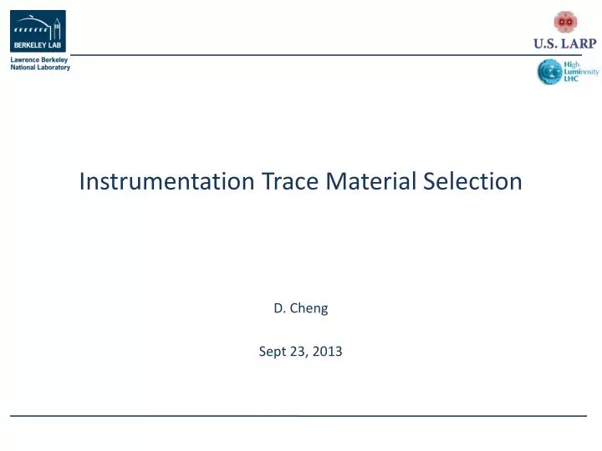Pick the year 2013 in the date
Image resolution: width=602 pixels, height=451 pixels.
pos(328,352)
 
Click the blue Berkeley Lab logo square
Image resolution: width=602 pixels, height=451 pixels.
pos(38,32)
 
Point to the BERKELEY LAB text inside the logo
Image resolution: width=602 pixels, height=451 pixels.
pos(38,46)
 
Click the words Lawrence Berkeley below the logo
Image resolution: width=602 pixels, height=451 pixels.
pos(38,60)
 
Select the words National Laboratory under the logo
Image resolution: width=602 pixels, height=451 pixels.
pos(40,68)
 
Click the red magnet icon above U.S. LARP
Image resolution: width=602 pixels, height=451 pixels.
pos(565,22)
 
